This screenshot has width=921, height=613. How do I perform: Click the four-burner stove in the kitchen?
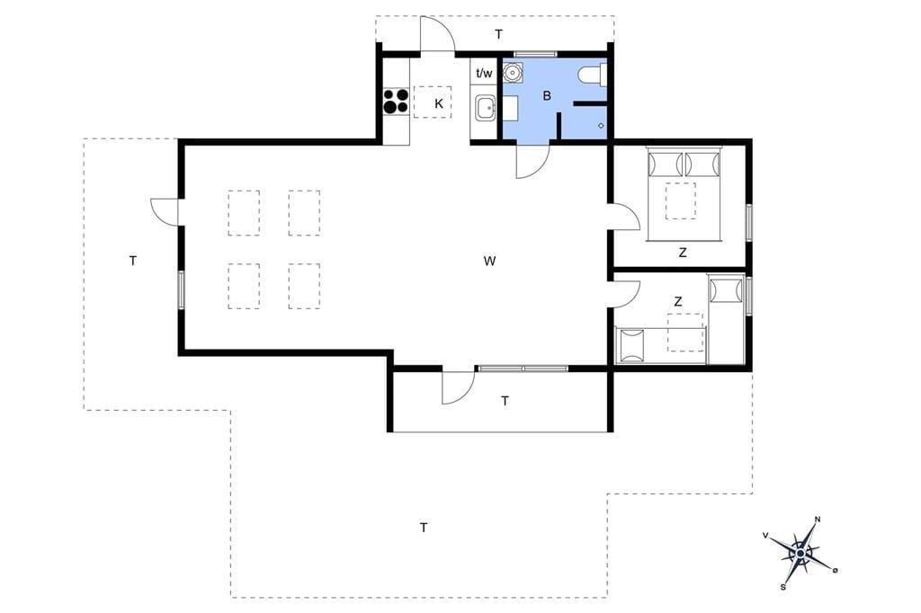tap(396, 101)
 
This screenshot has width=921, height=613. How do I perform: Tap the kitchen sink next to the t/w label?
tap(485, 109)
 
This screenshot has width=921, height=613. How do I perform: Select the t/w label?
tap(484, 74)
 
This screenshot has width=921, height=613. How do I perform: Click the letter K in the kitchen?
tap(439, 104)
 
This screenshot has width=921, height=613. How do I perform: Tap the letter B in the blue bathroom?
tap(547, 95)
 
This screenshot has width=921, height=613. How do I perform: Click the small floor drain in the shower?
tap(601, 124)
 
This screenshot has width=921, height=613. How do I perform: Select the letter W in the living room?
tap(489, 261)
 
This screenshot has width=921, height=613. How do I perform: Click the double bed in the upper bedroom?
tap(684, 193)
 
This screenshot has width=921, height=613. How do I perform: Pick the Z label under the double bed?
tap(682, 253)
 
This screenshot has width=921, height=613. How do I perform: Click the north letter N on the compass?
tap(817, 520)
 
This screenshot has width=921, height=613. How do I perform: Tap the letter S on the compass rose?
tap(783, 586)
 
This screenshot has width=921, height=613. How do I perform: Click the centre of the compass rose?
tap(800, 553)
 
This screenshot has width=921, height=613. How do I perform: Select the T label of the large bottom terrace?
tap(424, 528)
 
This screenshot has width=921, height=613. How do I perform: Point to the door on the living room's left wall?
tap(165, 211)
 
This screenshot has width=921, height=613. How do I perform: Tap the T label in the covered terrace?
tap(505, 402)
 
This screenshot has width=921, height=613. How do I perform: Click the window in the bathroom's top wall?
tap(534, 55)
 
